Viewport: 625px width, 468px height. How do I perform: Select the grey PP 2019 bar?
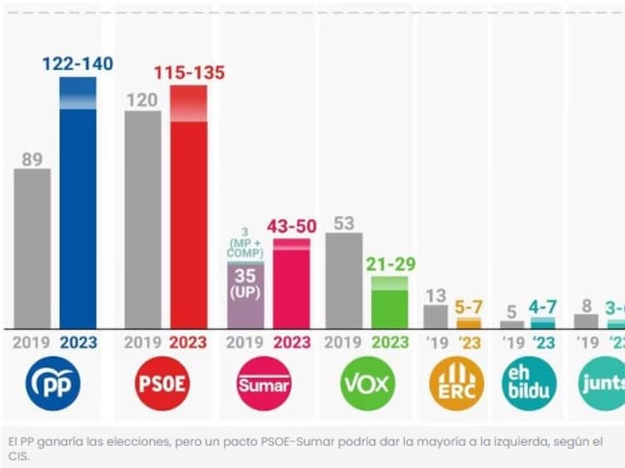[33, 249]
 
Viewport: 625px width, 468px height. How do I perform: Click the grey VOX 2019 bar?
[344, 280]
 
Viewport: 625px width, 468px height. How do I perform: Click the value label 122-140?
[78, 64]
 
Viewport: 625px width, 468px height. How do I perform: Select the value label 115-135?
[188, 73]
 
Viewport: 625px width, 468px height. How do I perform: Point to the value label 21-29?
[389, 262]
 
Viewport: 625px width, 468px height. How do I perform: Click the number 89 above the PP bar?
[33, 160]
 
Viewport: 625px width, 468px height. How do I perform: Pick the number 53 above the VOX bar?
[344, 223]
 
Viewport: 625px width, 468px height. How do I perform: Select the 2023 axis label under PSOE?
[188, 343]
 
